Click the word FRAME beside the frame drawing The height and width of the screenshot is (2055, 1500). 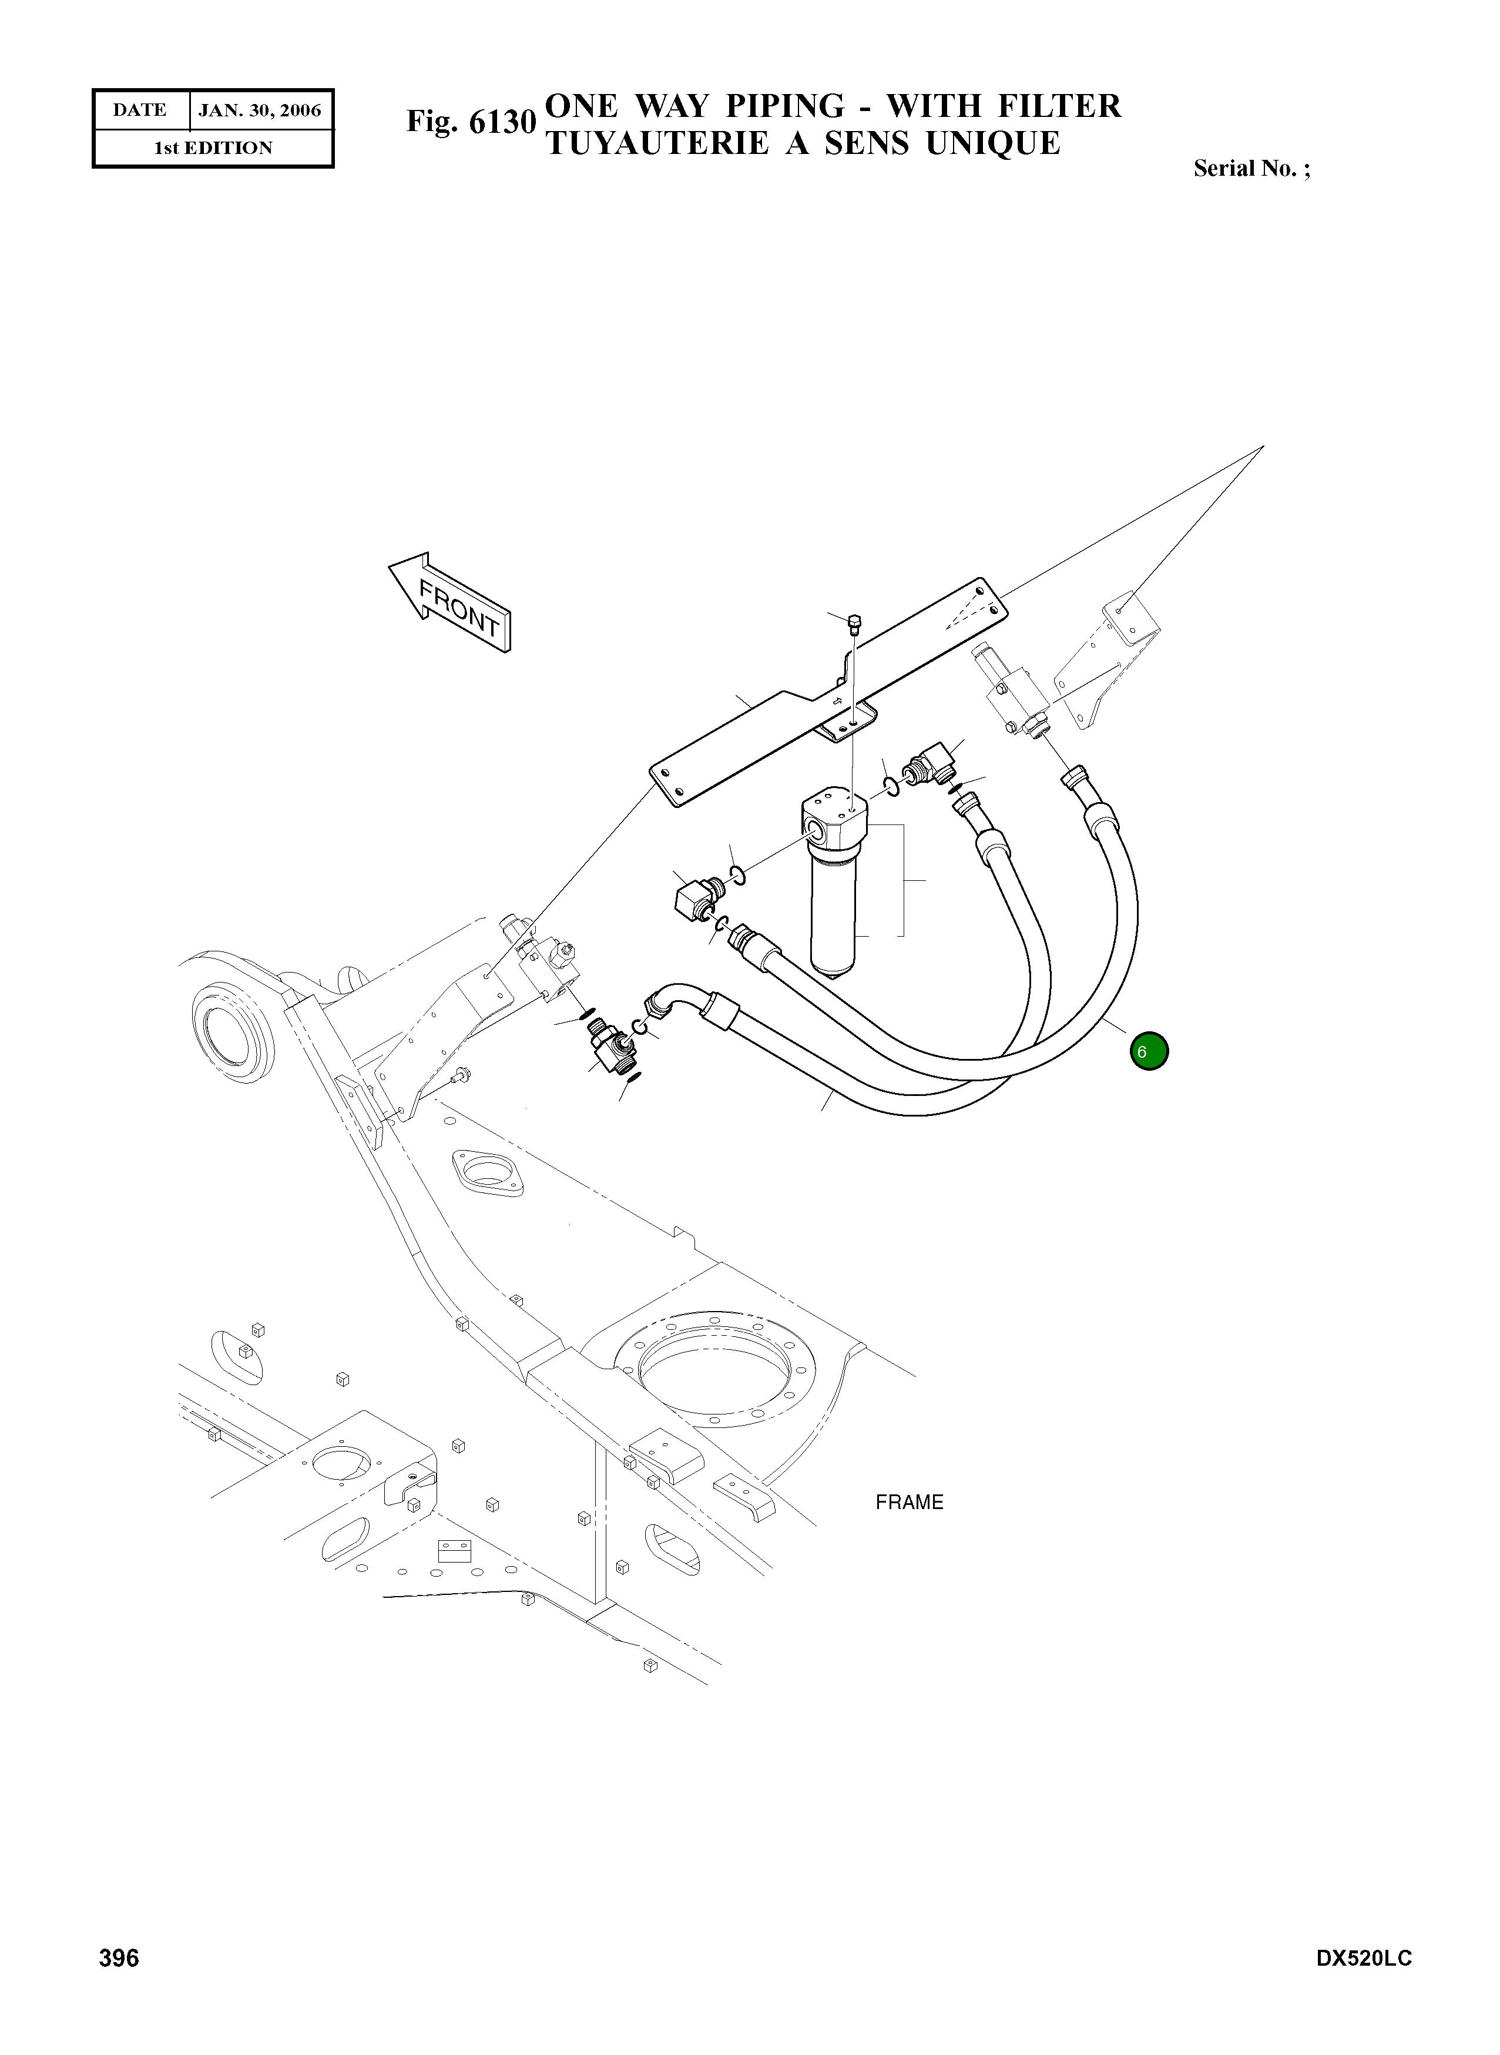click(x=909, y=1502)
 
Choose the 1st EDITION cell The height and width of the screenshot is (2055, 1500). click(x=213, y=148)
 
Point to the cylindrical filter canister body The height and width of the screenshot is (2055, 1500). click(x=834, y=917)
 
